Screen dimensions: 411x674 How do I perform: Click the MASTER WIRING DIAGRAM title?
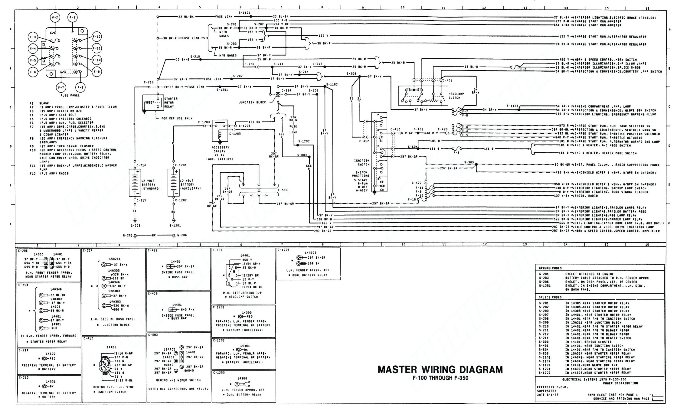tap(440, 370)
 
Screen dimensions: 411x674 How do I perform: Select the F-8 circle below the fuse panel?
tap(80, 88)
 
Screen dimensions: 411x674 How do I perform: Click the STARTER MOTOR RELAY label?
tap(171, 103)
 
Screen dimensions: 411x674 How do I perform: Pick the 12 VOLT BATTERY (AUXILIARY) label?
tap(190, 184)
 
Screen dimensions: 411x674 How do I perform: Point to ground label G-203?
tap(135, 225)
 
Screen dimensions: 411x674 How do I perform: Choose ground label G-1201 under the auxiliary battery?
tap(175, 225)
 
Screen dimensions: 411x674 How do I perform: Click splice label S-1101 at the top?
tap(244, 13)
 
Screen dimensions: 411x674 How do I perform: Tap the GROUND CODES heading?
tap(550, 268)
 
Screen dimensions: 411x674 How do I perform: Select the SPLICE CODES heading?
tap(550, 297)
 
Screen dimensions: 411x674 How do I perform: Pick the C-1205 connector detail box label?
tap(283, 250)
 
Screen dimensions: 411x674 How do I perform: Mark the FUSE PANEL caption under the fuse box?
tap(70, 96)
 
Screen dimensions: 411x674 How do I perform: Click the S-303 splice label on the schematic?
tap(469, 162)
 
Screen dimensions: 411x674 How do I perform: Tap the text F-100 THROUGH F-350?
tap(440, 378)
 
